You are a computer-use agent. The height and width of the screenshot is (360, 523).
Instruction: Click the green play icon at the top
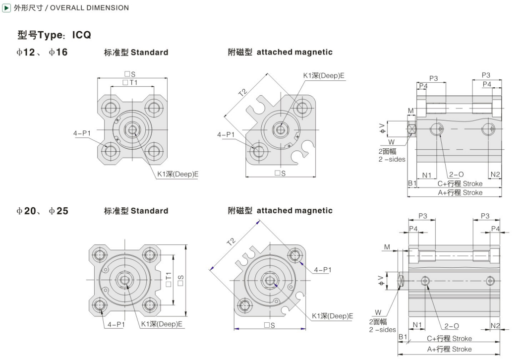(x=6, y=7)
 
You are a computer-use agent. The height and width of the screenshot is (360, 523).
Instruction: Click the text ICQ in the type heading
(x=82, y=35)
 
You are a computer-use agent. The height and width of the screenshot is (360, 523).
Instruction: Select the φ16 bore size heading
(x=58, y=52)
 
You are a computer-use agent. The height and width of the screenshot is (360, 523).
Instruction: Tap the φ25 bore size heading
(x=58, y=211)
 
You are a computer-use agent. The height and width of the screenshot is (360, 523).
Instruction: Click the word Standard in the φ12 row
(x=149, y=53)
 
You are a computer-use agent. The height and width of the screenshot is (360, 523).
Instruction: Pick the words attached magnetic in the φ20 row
(x=294, y=211)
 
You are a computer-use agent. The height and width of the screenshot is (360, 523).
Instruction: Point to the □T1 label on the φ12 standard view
(x=130, y=82)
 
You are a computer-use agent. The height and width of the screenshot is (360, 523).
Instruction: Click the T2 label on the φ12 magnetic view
(x=243, y=92)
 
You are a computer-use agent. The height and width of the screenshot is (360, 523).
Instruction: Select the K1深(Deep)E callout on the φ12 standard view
(x=178, y=174)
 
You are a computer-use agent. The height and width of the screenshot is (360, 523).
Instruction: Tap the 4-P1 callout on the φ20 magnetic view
(x=323, y=270)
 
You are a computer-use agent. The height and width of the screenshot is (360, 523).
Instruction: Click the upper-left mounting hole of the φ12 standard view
(x=111, y=108)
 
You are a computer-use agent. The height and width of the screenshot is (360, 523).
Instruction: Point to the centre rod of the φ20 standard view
(x=125, y=280)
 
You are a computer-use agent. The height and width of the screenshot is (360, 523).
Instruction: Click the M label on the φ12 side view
(x=410, y=111)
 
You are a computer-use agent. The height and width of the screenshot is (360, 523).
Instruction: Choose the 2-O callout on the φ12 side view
(x=456, y=174)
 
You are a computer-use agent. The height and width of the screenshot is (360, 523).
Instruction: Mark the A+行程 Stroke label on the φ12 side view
(x=460, y=192)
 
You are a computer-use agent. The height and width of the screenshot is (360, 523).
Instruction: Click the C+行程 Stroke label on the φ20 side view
(x=449, y=338)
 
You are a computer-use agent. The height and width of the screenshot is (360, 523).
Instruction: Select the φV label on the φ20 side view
(x=381, y=281)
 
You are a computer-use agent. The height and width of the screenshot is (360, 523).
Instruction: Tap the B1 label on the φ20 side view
(x=403, y=337)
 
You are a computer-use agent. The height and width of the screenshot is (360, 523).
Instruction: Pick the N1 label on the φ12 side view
(x=427, y=175)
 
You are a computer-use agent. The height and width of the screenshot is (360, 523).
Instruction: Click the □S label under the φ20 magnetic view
(x=270, y=325)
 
